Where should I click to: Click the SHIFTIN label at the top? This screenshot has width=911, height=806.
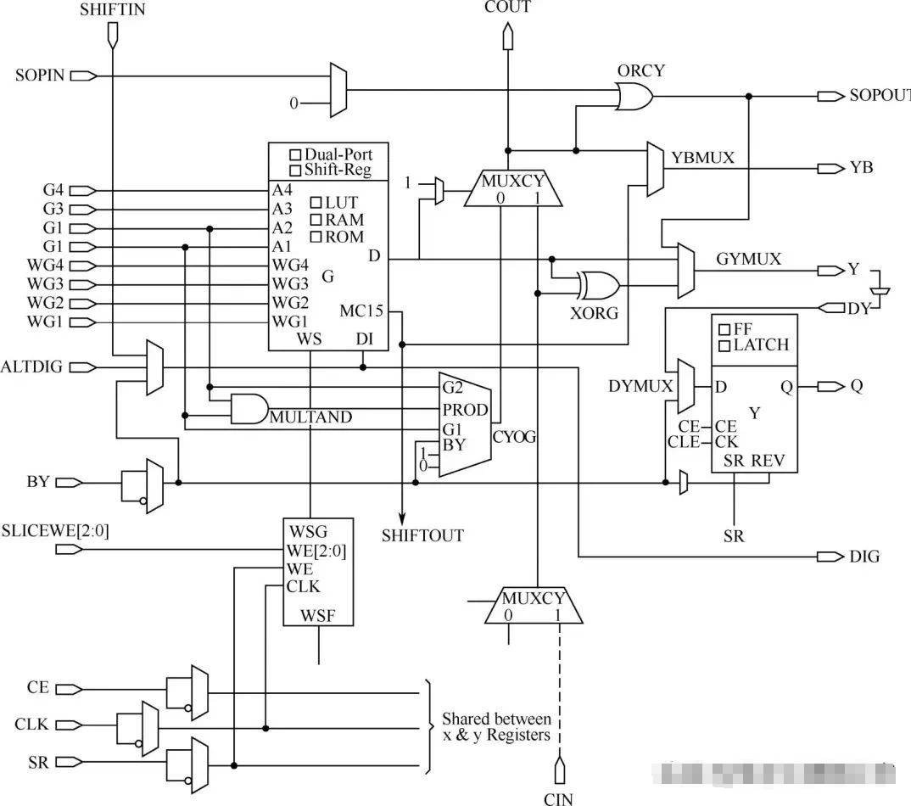113,11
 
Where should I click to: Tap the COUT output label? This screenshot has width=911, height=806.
507,8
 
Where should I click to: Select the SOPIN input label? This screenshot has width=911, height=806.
40,76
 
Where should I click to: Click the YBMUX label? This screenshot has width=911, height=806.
701,158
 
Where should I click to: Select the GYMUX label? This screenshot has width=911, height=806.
748,259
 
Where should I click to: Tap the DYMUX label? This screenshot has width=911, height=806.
640,387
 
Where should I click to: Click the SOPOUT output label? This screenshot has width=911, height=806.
879,95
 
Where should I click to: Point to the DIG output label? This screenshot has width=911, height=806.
864,557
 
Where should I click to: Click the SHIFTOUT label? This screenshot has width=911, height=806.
422,535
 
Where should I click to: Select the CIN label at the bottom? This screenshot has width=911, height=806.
558,798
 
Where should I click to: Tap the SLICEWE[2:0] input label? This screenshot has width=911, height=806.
55,531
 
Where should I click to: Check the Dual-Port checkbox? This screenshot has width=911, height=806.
295,155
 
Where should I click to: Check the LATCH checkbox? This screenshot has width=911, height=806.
724,345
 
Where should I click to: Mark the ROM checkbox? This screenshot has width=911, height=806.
316,237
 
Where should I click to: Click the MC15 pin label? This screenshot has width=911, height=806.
360,311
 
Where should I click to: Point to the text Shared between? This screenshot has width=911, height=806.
496,719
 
